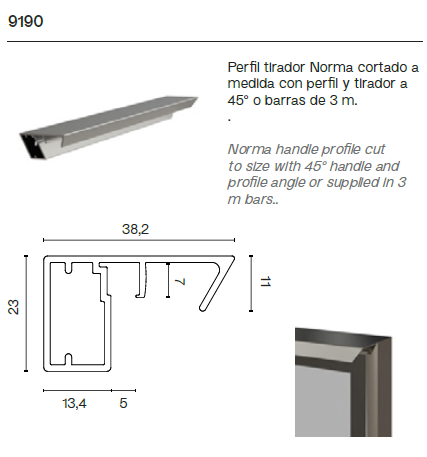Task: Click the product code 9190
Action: (25, 20)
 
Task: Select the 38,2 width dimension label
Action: (135, 230)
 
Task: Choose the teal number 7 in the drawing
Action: (180, 283)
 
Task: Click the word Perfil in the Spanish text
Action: (244, 66)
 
